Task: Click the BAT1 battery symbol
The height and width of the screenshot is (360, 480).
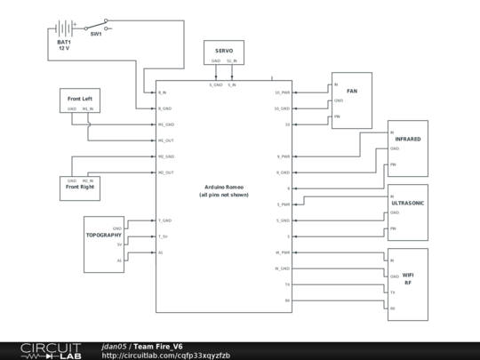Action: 63,29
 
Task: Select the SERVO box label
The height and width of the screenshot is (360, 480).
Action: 224,52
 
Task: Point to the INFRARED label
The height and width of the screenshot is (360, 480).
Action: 408,140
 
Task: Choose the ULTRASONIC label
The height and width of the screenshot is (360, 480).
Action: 408,203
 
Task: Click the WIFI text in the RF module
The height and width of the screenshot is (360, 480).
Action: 408,276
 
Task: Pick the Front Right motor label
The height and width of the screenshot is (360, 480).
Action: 81,188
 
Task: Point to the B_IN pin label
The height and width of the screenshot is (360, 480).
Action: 164,92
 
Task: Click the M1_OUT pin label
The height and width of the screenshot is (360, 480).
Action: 166,140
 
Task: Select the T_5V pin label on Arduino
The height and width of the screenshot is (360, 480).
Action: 164,236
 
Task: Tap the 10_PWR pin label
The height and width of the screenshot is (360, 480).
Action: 282,92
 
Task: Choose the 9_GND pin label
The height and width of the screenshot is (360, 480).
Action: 283,172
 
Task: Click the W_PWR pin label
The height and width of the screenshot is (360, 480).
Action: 282,252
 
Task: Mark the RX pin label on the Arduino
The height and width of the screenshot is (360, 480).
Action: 286,300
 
